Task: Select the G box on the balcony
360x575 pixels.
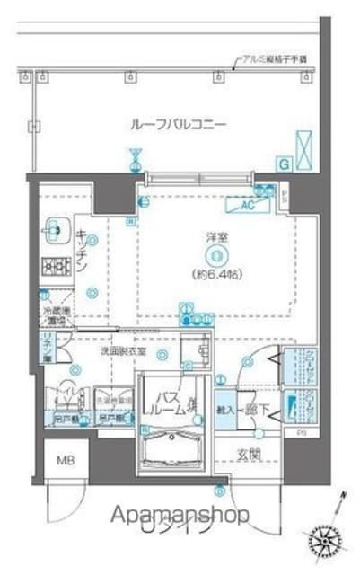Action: point(284,164)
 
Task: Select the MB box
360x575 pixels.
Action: point(67,462)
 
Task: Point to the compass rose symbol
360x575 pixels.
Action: point(327,538)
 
